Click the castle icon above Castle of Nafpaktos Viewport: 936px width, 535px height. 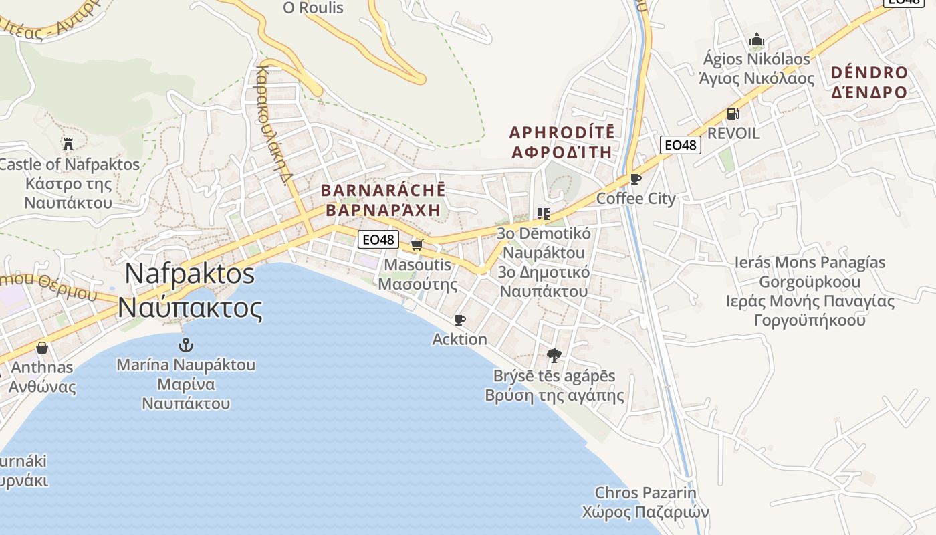click(x=68, y=144)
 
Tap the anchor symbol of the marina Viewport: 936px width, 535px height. click(x=185, y=345)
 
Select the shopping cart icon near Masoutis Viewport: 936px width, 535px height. click(x=417, y=245)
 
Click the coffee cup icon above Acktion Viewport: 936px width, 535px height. click(x=459, y=320)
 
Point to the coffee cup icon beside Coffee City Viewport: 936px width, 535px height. click(x=635, y=179)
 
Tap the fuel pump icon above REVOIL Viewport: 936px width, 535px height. click(x=733, y=114)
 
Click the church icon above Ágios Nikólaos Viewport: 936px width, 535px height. click(x=757, y=40)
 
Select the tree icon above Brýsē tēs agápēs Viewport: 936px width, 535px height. click(x=554, y=355)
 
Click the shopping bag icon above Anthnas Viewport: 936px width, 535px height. click(x=42, y=348)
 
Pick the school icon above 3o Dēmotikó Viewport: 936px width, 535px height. click(x=543, y=214)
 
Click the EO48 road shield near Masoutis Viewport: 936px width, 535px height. click(x=378, y=239)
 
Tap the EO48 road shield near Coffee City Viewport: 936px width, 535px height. click(x=680, y=144)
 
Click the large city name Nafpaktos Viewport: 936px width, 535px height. click(x=190, y=274)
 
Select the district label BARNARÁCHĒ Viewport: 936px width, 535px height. click(x=383, y=191)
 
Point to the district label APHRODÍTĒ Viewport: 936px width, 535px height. click(x=562, y=132)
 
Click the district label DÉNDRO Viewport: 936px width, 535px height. click(x=869, y=73)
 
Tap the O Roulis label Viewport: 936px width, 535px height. click(x=313, y=8)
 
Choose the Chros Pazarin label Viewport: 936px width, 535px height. click(x=645, y=493)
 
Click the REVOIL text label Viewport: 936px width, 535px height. click(x=733, y=133)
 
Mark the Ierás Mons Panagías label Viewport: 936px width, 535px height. click(x=810, y=262)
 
